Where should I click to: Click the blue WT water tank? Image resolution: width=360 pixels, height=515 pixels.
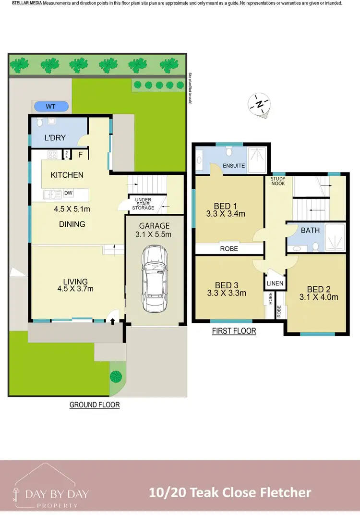50,106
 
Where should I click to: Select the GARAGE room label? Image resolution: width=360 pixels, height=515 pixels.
155,226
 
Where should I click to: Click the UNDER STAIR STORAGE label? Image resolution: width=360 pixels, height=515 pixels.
144,204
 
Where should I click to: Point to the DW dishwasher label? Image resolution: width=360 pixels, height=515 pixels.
68,194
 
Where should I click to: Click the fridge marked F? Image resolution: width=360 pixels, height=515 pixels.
80,155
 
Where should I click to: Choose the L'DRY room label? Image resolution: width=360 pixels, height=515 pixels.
55,138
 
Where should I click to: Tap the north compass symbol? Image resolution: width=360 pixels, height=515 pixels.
260,104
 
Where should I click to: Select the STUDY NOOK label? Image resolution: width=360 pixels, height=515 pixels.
278,181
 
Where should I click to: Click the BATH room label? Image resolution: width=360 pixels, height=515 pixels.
310,230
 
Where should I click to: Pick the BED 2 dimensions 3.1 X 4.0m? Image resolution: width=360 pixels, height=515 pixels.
319,297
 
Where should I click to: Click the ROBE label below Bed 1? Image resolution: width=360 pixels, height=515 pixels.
229,249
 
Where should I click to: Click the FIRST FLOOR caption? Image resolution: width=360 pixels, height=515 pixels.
234,331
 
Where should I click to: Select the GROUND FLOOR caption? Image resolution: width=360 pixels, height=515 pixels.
95,405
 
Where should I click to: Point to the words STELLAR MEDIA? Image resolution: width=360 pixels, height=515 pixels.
26,3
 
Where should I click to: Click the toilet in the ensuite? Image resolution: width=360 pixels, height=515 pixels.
229,152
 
